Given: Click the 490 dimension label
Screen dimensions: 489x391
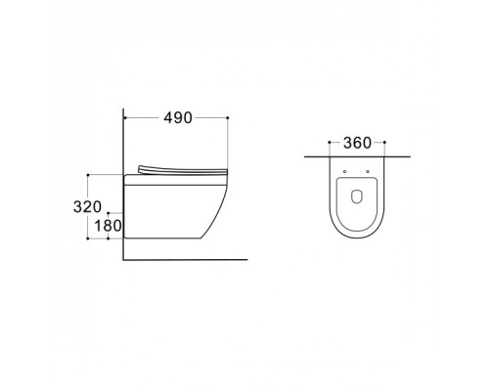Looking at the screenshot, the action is click(178, 117).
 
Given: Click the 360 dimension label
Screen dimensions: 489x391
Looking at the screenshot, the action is click(357, 143).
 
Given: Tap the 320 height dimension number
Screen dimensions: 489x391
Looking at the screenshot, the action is click(87, 207).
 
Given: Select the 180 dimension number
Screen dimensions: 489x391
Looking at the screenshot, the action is click(108, 226).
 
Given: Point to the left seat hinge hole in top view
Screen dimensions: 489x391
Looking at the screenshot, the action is click(344, 171).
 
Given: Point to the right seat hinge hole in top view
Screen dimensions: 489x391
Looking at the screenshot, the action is click(368, 171).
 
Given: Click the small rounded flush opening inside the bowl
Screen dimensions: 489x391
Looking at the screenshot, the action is click(356, 196).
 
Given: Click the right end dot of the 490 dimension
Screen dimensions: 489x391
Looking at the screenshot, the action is click(228, 117).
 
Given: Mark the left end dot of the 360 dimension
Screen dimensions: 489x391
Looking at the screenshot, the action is click(330, 143).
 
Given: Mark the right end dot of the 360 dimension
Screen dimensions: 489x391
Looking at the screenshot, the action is click(384, 143).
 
